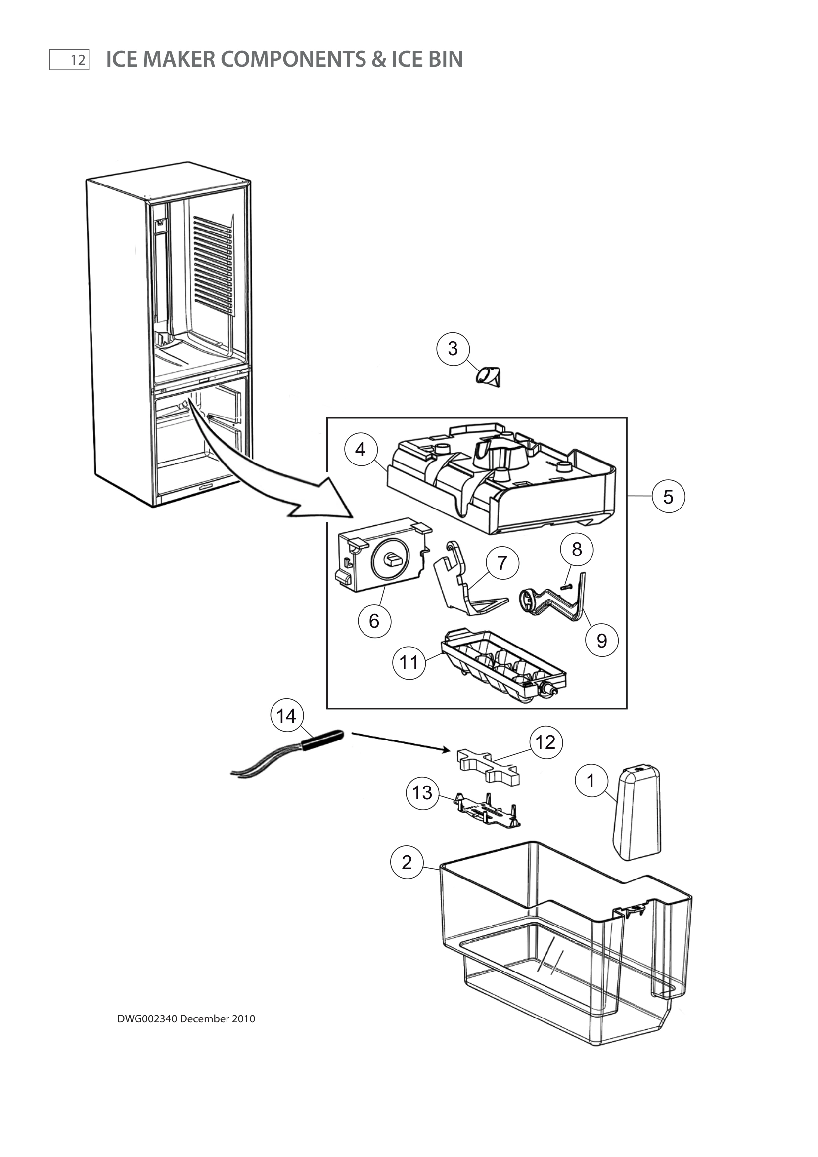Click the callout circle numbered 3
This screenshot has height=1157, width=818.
click(x=453, y=348)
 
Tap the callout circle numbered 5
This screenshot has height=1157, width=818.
click(x=668, y=496)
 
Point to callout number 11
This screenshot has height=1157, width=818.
click(x=409, y=663)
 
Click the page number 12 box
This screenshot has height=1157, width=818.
click(x=70, y=60)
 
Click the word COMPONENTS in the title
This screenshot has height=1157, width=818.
click(x=293, y=59)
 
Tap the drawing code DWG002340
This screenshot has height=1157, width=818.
click(x=147, y=1018)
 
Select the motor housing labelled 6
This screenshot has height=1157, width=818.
click(x=383, y=555)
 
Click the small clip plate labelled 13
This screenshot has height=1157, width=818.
click(x=488, y=810)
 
